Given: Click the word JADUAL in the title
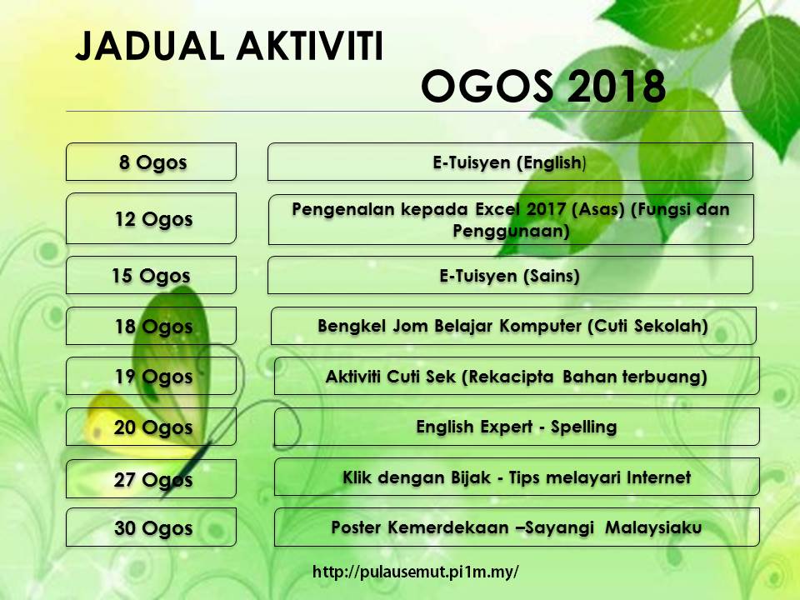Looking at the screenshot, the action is [x=150, y=47].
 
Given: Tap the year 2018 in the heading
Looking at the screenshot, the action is [x=617, y=86].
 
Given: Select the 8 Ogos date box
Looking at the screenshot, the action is [x=151, y=162].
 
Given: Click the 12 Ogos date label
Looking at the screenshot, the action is [x=153, y=219].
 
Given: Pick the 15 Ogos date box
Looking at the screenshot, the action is [x=151, y=275].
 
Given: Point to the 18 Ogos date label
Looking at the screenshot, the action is [x=153, y=327].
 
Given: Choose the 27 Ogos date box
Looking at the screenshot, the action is [x=151, y=478].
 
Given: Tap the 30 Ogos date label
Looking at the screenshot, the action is [x=153, y=528].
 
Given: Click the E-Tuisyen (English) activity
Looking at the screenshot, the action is [x=510, y=162].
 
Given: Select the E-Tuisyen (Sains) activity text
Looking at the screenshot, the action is [x=510, y=276].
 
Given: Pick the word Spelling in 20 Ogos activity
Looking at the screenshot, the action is [x=583, y=427].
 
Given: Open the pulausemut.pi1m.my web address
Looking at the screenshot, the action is [x=415, y=572].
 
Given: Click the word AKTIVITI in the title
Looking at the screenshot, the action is [x=309, y=47].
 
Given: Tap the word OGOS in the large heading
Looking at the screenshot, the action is [x=487, y=86].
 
